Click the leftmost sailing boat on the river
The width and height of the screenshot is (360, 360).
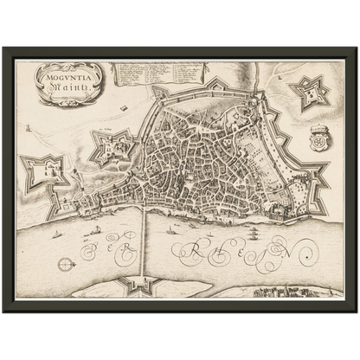click(57, 234)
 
